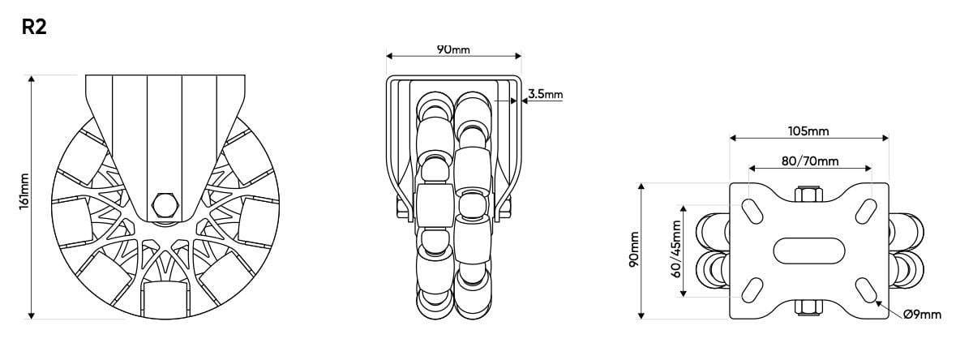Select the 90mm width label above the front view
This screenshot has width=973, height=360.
[453, 49]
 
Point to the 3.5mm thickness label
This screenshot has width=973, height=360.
[545, 94]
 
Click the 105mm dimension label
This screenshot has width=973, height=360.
[808, 131]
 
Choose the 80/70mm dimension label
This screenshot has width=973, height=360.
[809, 161]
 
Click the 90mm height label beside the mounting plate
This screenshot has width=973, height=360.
[634, 251]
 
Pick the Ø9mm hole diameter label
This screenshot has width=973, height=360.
[922, 314]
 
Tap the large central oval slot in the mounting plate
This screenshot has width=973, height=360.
[809, 250]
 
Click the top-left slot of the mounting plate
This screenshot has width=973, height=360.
[752, 210]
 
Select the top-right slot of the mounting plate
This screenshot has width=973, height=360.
[865, 210]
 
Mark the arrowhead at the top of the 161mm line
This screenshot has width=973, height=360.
[32, 79]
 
